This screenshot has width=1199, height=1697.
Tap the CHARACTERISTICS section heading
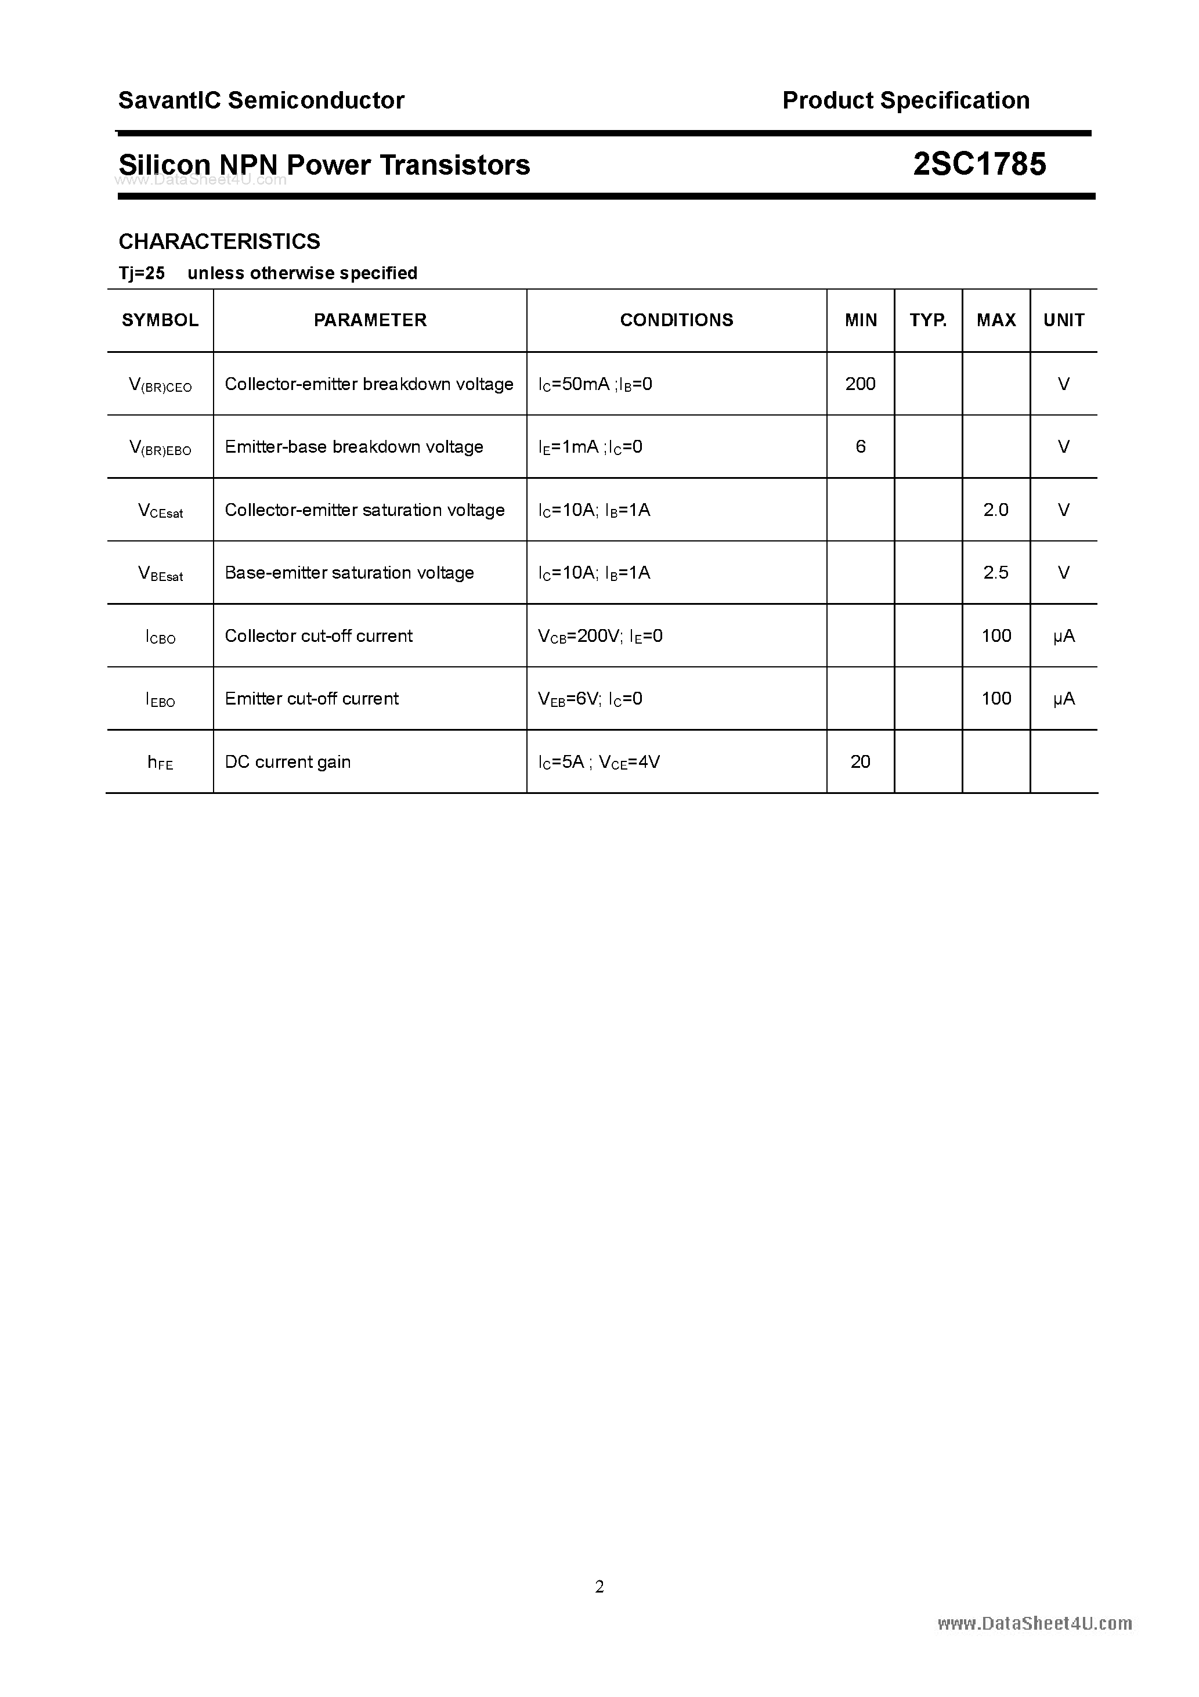(219, 241)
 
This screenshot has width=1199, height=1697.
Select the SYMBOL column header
(160, 320)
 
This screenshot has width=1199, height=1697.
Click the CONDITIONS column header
(676, 320)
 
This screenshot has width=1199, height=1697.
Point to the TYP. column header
(928, 320)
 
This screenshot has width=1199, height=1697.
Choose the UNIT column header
(1063, 320)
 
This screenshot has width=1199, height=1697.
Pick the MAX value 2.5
(996, 573)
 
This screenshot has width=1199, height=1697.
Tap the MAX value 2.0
(996, 510)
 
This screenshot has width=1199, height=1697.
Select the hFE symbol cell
(160, 763)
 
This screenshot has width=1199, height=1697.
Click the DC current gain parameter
(287, 762)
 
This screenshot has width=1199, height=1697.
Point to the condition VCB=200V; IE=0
(600, 636)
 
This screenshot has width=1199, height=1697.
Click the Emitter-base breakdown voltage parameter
(353, 447)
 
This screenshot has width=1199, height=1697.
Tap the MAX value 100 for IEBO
(996, 698)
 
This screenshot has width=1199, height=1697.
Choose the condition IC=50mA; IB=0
(595, 384)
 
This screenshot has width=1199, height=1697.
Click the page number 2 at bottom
(599, 1586)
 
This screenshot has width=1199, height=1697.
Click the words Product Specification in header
(905, 100)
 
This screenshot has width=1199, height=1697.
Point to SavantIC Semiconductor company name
(261, 100)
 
